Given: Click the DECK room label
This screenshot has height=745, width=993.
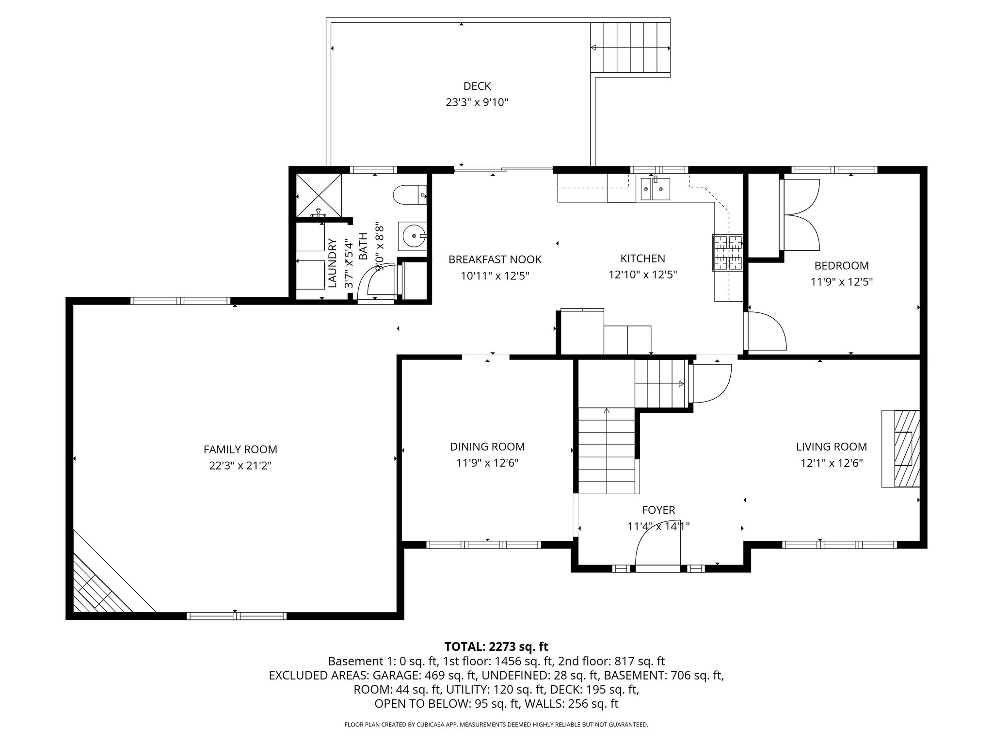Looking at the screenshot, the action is [477, 86].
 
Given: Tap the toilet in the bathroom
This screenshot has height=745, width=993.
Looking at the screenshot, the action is [410, 195].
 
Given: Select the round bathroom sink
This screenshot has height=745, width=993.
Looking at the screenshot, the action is [412, 236].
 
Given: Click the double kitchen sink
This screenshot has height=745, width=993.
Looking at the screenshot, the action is [655, 189].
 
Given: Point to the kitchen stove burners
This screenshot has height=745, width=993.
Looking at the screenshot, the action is [728, 252].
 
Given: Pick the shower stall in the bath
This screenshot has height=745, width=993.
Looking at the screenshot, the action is [318, 195].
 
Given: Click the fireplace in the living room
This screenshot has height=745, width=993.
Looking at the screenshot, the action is [901, 449].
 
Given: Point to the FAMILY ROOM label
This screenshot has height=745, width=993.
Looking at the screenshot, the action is [240, 450].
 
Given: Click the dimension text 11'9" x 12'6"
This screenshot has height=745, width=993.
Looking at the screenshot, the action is [487, 463].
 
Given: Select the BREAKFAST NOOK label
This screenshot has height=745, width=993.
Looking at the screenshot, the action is [495, 259].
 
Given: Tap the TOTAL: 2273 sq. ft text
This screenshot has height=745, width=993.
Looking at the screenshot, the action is [496, 647].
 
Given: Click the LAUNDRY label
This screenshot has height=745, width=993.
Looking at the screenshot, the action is [333, 263].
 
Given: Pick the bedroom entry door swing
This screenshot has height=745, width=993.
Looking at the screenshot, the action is [766, 331].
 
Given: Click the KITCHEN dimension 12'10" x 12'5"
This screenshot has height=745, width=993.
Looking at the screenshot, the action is [643, 275].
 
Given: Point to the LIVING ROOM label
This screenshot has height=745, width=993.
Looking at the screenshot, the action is [832, 447].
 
